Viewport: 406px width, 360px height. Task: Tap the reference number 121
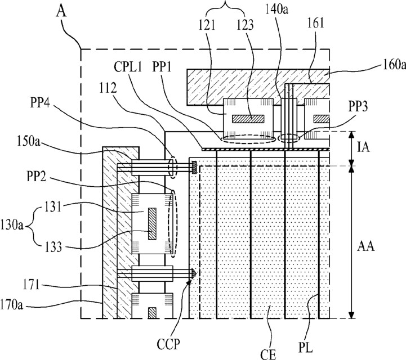[x=207, y=26]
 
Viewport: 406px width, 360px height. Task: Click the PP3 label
[x=358, y=107]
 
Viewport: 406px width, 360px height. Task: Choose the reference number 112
[x=108, y=88]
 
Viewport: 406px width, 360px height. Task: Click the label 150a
[x=29, y=142]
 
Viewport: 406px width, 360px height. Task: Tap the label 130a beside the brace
[x=12, y=226]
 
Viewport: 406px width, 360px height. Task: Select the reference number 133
[x=53, y=247]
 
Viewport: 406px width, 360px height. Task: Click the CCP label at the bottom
[x=168, y=344]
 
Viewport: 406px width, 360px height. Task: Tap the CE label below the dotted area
[x=268, y=354]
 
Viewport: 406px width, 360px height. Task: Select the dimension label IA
[x=364, y=148]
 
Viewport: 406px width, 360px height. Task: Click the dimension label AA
[x=365, y=246]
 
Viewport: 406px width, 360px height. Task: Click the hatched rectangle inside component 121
[x=248, y=119]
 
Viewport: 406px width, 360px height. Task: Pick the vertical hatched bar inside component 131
[x=153, y=224]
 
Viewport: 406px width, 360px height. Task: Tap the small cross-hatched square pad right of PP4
[x=194, y=167]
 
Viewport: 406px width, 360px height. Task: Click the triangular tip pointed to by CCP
[x=194, y=273]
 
